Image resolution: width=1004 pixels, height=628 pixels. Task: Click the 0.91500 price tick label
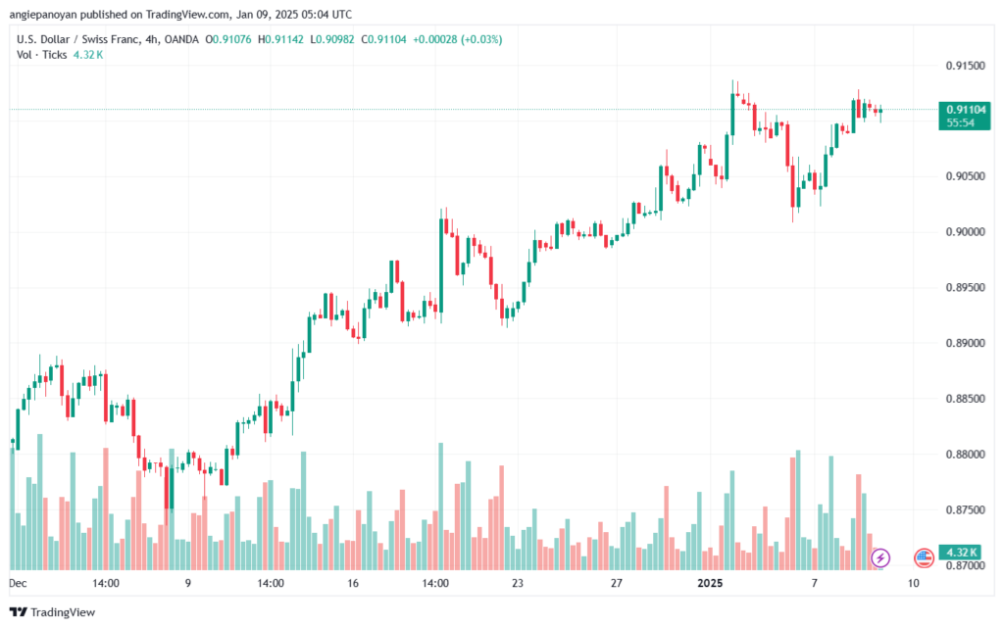coord(966,66)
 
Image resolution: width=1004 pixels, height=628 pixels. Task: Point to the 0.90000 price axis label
coord(966,232)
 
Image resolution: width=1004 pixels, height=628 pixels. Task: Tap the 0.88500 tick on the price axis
coord(966,399)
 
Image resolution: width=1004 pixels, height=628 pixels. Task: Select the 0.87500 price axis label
coord(966,510)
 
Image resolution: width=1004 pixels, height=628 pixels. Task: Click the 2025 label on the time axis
coord(710,583)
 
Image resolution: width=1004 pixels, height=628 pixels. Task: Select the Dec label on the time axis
coord(18,583)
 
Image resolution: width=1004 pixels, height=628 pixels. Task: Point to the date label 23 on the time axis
coord(518,583)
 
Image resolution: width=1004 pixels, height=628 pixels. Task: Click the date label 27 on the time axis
coord(617,583)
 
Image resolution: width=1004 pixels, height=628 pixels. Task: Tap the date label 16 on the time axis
coord(353,583)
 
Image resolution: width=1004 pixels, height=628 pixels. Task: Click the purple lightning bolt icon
coord(880,557)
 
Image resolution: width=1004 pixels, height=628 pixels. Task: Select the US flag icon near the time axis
coord(924,557)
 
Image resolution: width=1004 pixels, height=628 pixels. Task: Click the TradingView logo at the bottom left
coord(53,612)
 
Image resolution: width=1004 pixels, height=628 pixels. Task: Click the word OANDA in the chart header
coord(181,39)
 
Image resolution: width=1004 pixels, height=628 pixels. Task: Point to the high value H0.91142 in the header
coord(280,39)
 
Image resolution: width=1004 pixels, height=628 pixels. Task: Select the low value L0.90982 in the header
coord(332,39)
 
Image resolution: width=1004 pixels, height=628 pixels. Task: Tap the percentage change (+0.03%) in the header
coord(481,39)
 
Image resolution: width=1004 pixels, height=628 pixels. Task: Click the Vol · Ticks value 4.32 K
coord(88,55)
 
